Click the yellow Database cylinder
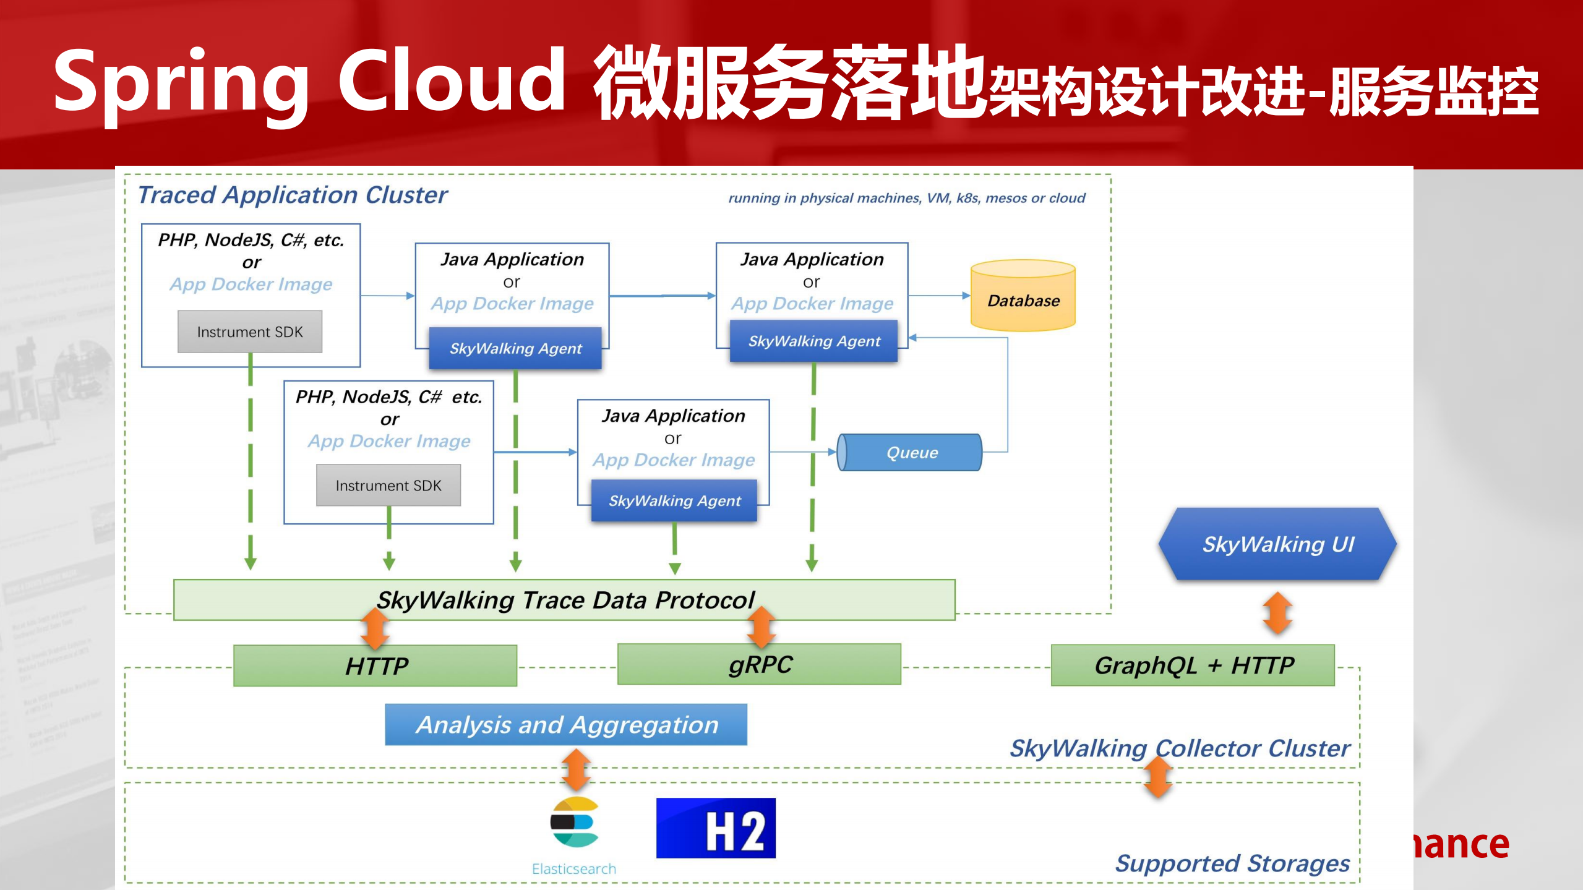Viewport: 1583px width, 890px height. click(1023, 296)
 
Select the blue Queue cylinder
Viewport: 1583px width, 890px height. click(910, 452)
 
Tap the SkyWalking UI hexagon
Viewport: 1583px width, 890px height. click(1277, 544)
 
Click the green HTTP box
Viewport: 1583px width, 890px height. click(375, 666)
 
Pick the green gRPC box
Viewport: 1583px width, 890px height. click(759, 665)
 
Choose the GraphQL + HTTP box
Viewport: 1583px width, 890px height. click(1193, 665)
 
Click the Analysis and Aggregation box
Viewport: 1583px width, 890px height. click(565, 724)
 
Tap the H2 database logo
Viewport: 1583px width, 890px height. click(716, 828)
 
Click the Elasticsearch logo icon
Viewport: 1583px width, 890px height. click(575, 823)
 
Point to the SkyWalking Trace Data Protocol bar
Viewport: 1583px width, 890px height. click(564, 600)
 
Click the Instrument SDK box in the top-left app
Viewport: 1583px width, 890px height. click(250, 332)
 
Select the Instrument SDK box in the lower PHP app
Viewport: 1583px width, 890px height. click(388, 486)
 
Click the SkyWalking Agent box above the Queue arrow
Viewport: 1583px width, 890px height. click(813, 341)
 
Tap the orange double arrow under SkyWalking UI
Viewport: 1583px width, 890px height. click(1277, 613)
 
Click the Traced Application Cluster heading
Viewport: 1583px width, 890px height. click(292, 195)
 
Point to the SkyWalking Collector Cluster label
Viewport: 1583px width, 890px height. click(1179, 748)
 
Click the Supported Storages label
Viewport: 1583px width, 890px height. click(1232, 863)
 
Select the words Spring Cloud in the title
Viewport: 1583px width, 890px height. click(309, 82)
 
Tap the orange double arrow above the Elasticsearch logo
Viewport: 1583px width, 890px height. click(576, 770)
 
